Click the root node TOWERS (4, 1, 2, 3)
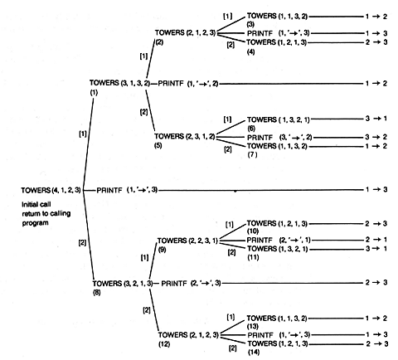(51, 190)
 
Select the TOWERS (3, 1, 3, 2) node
(119, 83)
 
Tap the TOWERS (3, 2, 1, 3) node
(123, 284)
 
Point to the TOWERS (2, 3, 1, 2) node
(185, 136)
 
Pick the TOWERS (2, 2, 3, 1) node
(187, 241)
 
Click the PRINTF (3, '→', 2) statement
(279, 138)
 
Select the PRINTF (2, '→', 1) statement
(279, 240)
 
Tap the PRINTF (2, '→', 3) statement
(191, 284)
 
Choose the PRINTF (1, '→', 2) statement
(188, 83)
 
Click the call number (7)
(252, 155)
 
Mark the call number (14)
(254, 353)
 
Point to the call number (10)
(253, 231)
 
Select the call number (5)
(158, 145)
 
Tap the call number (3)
(250, 24)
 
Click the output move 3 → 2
(376, 137)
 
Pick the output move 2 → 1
(376, 240)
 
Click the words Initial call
(36, 205)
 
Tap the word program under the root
(35, 223)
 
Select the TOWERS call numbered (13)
(277, 319)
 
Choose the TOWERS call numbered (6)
(279, 119)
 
